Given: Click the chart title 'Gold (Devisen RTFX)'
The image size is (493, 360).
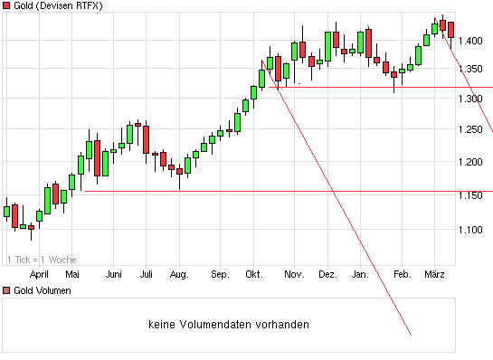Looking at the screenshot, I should (x=57, y=6).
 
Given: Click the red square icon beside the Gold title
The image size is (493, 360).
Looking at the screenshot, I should (x=6, y=6).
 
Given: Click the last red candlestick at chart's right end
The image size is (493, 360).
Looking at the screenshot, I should (x=451, y=30).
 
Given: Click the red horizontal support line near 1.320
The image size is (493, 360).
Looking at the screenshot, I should (x=380, y=87).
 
